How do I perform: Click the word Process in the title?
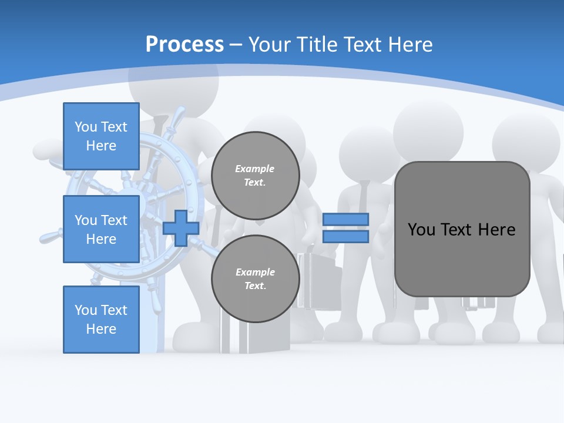[184, 45]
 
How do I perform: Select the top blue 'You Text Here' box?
[101, 136]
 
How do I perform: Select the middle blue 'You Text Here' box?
[101, 229]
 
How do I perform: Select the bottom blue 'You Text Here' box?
[101, 319]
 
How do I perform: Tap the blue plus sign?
[181, 228]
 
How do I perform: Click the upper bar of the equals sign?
[345, 219]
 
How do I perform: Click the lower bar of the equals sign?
[345, 237]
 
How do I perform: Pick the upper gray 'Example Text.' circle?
[255, 175]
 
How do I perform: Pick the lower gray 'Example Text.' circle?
[255, 278]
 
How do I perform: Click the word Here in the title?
[410, 45]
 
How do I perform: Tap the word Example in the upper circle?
[254, 169]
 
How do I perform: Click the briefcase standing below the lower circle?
[256, 338]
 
